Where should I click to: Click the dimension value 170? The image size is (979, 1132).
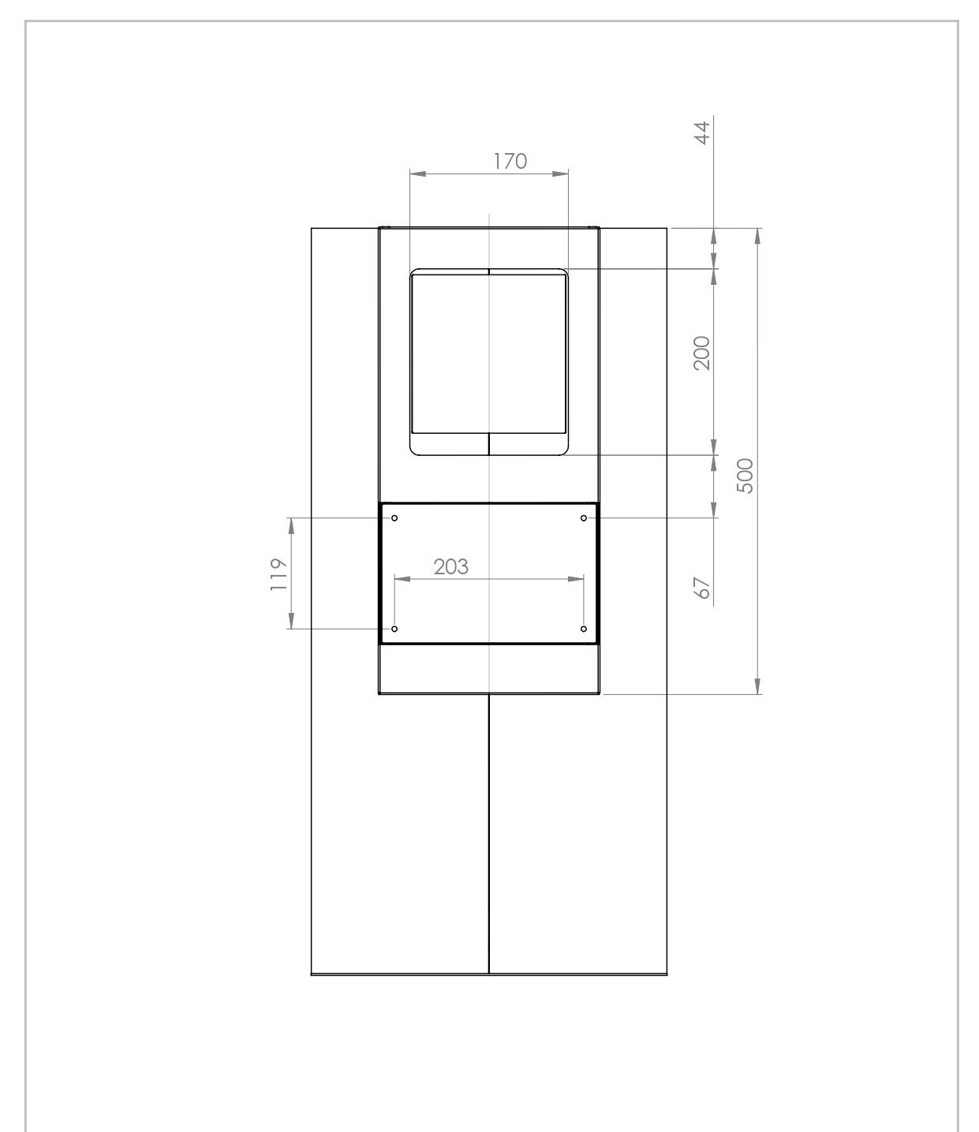(x=510, y=161)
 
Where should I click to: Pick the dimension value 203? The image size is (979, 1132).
(x=450, y=566)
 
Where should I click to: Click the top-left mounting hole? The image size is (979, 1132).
(x=394, y=518)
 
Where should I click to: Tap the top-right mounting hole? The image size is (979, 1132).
(x=584, y=518)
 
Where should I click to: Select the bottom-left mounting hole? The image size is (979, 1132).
(x=394, y=629)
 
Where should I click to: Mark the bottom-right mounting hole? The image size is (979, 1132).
(x=584, y=629)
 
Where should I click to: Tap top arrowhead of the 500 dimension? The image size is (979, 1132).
(x=758, y=236)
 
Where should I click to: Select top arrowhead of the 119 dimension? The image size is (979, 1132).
(x=291, y=525)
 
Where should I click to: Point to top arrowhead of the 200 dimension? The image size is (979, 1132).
(x=715, y=277)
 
